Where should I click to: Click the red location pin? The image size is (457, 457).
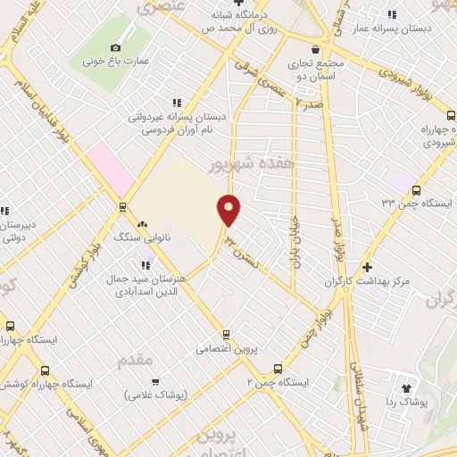(x=229, y=209)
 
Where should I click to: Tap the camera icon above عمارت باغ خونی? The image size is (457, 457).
(x=115, y=47)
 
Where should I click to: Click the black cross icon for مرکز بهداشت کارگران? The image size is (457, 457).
(x=368, y=267)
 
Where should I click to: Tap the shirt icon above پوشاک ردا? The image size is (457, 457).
(x=407, y=388)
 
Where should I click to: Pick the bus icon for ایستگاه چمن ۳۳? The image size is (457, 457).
(x=415, y=188)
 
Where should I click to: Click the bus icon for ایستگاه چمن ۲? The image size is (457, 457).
(x=278, y=368)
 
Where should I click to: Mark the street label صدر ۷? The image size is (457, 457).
(x=308, y=104)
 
